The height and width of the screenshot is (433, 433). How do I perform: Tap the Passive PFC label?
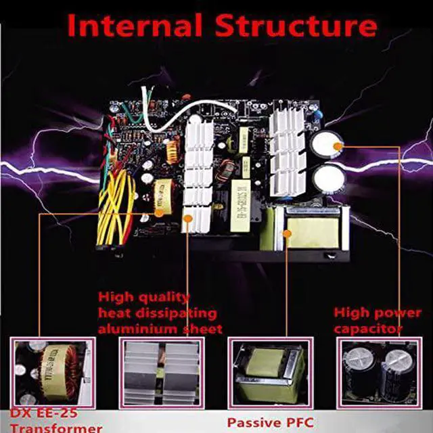coord(271,422)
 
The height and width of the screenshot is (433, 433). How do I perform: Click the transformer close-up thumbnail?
coord(53,373)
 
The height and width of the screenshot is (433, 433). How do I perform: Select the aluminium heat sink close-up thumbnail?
coord(162,373)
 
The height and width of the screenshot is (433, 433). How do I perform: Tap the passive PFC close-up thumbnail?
coord(271,373)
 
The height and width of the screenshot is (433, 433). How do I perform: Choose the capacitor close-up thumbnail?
coord(378,373)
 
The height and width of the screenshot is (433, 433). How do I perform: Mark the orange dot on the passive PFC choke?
coord(287,233)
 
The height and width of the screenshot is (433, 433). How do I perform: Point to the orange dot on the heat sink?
coord(186,218)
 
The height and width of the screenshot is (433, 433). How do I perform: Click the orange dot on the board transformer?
coord(160,211)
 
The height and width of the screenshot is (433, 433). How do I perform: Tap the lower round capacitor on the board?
coord(327,179)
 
